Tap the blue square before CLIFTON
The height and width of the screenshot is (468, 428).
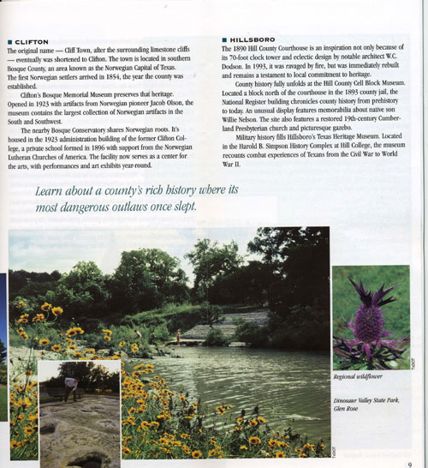[x=9, y=41]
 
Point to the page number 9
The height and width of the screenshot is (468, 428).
[x=410, y=463]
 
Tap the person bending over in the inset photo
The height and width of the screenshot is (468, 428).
[x=71, y=384]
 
